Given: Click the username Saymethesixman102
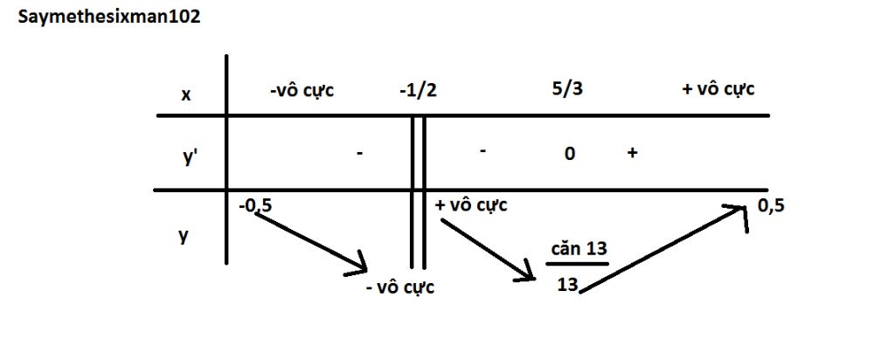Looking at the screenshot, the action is click(109, 17).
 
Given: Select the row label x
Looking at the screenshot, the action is click(185, 94).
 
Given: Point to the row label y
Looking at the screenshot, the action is click(184, 235).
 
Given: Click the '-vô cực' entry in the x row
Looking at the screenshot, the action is click(302, 90).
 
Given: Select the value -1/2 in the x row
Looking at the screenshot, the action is click(419, 90).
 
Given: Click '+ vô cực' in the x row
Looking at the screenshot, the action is click(718, 90).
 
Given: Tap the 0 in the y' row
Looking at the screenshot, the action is click(569, 154).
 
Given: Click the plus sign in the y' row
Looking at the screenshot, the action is click(632, 154).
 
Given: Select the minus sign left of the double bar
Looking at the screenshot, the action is click(359, 154).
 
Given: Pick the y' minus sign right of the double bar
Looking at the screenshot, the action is click(482, 152).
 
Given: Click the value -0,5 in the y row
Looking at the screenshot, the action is click(256, 205).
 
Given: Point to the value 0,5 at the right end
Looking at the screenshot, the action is click(771, 205).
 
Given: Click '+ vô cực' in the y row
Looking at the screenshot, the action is click(471, 204).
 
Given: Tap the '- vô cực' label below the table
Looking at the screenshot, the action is click(400, 287).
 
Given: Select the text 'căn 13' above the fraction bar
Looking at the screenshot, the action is click(579, 249).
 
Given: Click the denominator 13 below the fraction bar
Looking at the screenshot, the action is click(568, 284).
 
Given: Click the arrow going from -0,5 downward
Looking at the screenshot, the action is click(309, 243).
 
